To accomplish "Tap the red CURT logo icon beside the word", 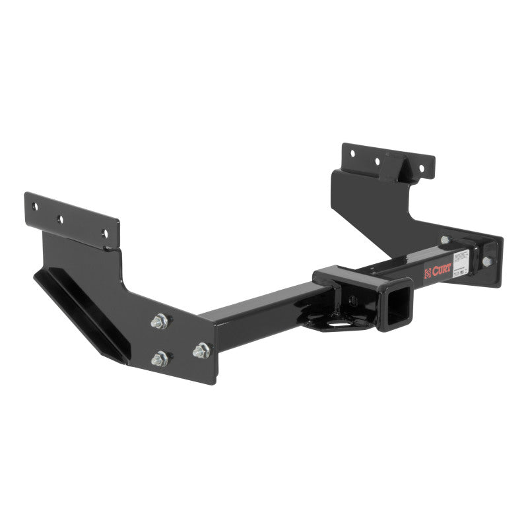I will pyautogui.click(x=427, y=271).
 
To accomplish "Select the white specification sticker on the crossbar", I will pyautogui.click(x=461, y=260).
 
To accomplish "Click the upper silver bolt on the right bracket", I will pyautogui.click(x=445, y=240).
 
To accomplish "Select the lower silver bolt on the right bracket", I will pyautogui.click(x=486, y=261).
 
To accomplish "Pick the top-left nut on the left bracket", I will pyautogui.click(x=158, y=322).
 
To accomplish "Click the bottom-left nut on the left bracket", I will pyautogui.click(x=159, y=358).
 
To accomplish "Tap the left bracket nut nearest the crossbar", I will pyautogui.click(x=201, y=351).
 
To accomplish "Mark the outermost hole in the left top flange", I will pyautogui.click(x=36, y=207).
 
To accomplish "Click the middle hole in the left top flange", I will pyautogui.click(x=59, y=218).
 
